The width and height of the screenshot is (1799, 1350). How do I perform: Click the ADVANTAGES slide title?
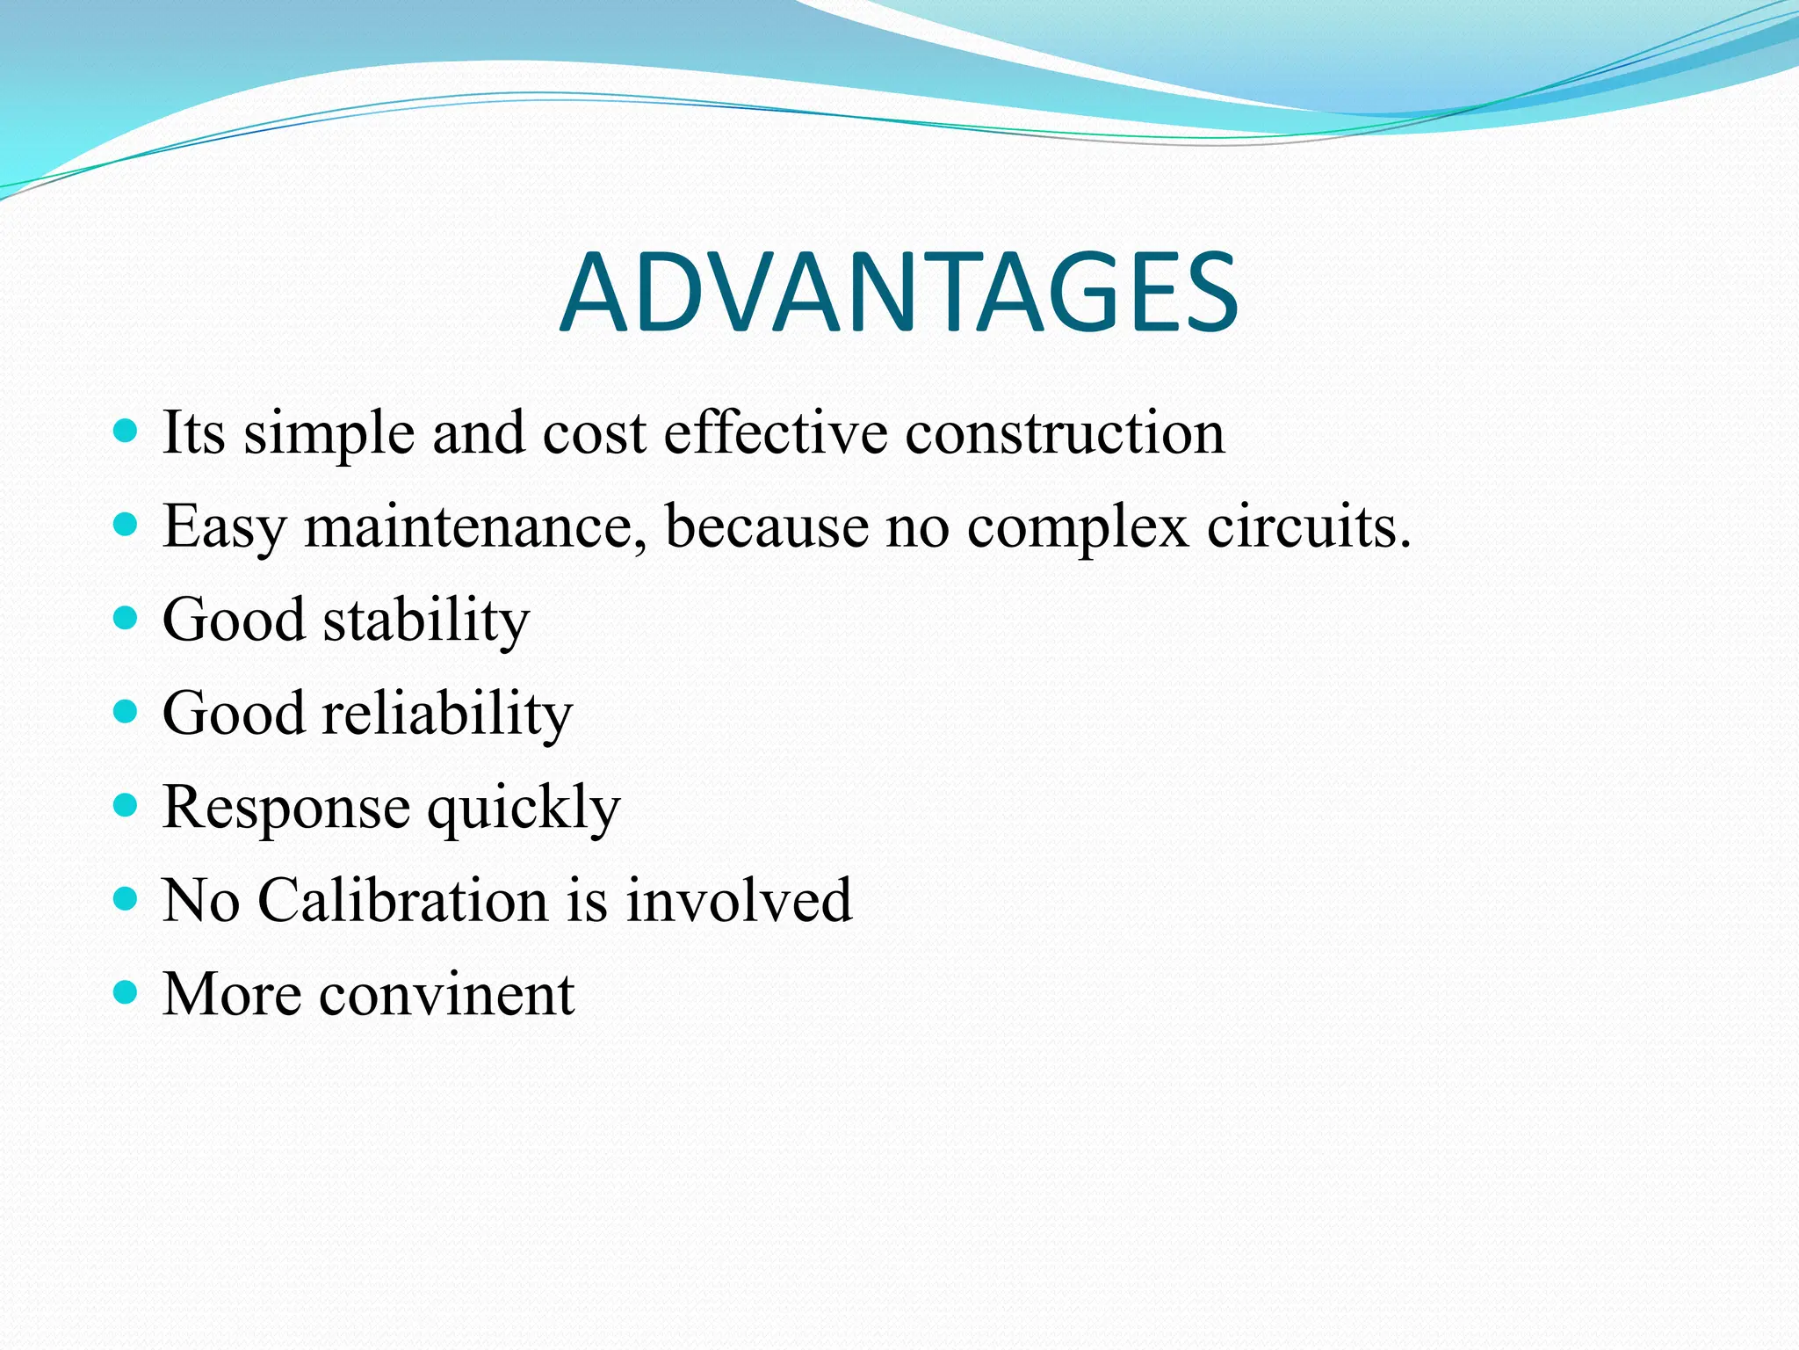point(899,293)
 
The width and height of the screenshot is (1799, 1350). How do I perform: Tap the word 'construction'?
point(1065,433)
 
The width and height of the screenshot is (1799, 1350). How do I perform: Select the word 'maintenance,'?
point(475,527)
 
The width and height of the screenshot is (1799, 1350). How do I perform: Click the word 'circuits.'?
point(1308,527)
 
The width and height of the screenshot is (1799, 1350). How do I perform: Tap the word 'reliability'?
point(447,714)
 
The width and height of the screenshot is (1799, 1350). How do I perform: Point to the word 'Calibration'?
point(402,901)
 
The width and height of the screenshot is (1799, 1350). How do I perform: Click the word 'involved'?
point(738,901)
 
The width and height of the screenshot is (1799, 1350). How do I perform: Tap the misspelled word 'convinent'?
point(446,996)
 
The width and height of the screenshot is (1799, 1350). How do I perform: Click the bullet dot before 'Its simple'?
point(126,431)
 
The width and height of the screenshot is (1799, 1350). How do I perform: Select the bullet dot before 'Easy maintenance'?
point(126,525)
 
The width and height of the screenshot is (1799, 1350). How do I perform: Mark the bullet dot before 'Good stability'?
point(126,618)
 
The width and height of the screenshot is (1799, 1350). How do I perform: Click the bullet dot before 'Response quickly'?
point(126,805)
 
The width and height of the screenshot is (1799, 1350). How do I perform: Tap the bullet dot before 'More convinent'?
point(126,992)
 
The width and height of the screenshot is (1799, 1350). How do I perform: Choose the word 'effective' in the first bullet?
point(775,433)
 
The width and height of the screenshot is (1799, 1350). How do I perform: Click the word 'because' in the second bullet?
point(766,527)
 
